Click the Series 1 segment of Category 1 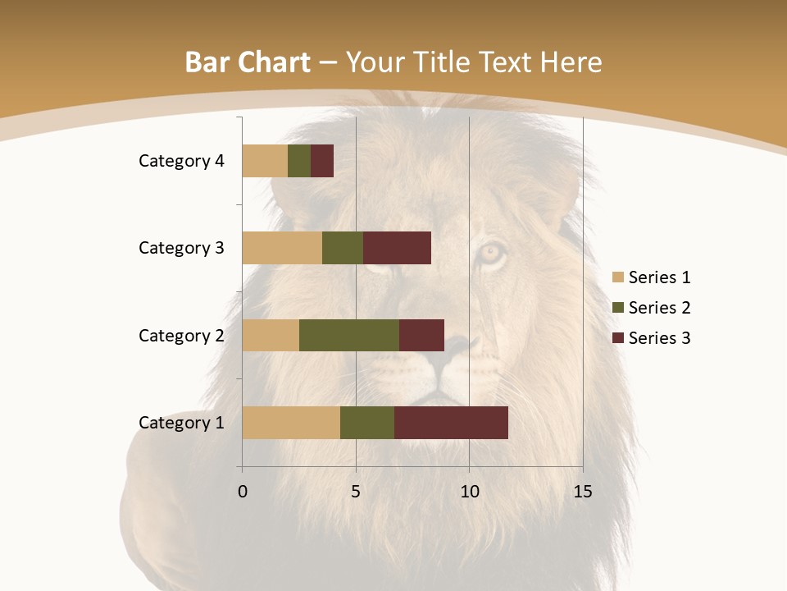(x=291, y=423)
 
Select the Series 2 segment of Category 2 (x=349, y=335)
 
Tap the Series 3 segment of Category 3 (x=397, y=248)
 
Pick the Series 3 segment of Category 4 (x=322, y=161)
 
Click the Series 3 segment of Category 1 (x=451, y=423)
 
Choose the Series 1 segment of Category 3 (x=282, y=248)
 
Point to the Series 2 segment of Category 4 (x=299, y=161)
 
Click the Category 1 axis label (x=180, y=423)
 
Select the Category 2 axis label (x=180, y=335)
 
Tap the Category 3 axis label (x=180, y=248)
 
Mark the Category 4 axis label (x=180, y=161)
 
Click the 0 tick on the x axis (x=243, y=492)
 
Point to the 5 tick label (x=356, y=492)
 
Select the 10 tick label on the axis (x=469, y=492)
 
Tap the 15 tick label (x=582, y=492)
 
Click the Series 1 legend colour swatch (x=617, y=277)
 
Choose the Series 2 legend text (x=659, y=308)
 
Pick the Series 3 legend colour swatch (x=617, y=338)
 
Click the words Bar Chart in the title (x=247, y=62)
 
